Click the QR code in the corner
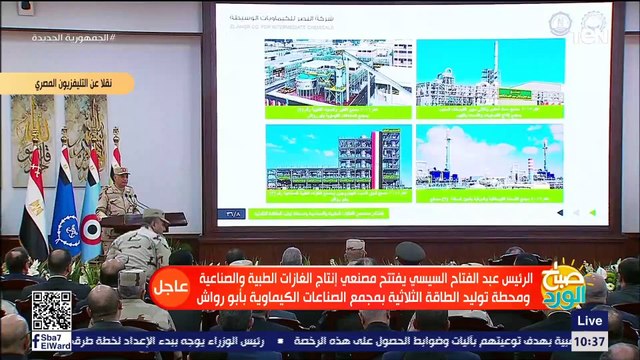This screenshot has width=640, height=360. click(x=51, y=311)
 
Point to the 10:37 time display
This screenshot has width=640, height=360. click(x=589, y=342)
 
